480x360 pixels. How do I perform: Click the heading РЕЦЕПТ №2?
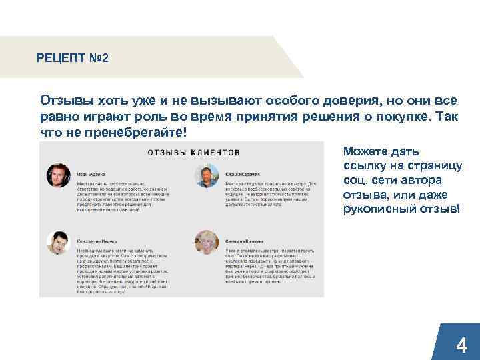[73, 58]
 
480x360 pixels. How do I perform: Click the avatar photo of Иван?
[58, 175]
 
